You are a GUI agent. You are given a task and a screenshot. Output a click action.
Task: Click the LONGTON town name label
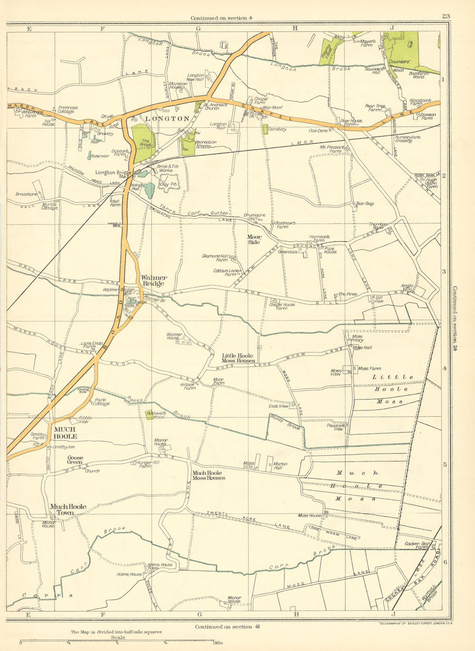coord(167,119)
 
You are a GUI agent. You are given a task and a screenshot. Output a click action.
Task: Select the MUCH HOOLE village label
coord(65,433)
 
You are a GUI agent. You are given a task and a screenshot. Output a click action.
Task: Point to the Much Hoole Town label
coord(68,509)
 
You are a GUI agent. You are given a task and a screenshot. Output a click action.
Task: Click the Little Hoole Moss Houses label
coord(238,358)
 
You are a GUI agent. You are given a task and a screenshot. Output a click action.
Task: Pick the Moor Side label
coord(254,239)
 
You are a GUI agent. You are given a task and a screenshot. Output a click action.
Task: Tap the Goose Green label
coord(75,460)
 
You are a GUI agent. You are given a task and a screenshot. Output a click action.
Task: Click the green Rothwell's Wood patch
coord(149,414)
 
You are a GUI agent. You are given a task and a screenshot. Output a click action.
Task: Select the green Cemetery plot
coord(265,129)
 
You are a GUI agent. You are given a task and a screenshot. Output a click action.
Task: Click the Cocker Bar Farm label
coord(418,545)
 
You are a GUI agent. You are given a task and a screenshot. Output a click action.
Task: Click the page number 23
coord(445,16)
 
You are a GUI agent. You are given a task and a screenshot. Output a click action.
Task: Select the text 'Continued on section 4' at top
coord(219,18)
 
